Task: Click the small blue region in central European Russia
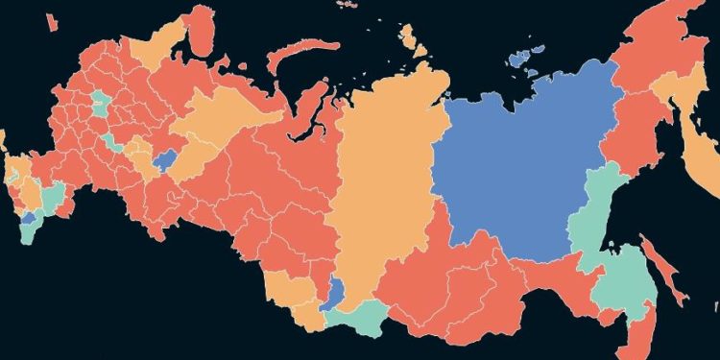pos(165,157)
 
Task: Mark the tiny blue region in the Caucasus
pos(29,220)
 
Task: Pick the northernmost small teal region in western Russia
pos(99,103)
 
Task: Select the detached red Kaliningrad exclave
pos(3,143)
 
